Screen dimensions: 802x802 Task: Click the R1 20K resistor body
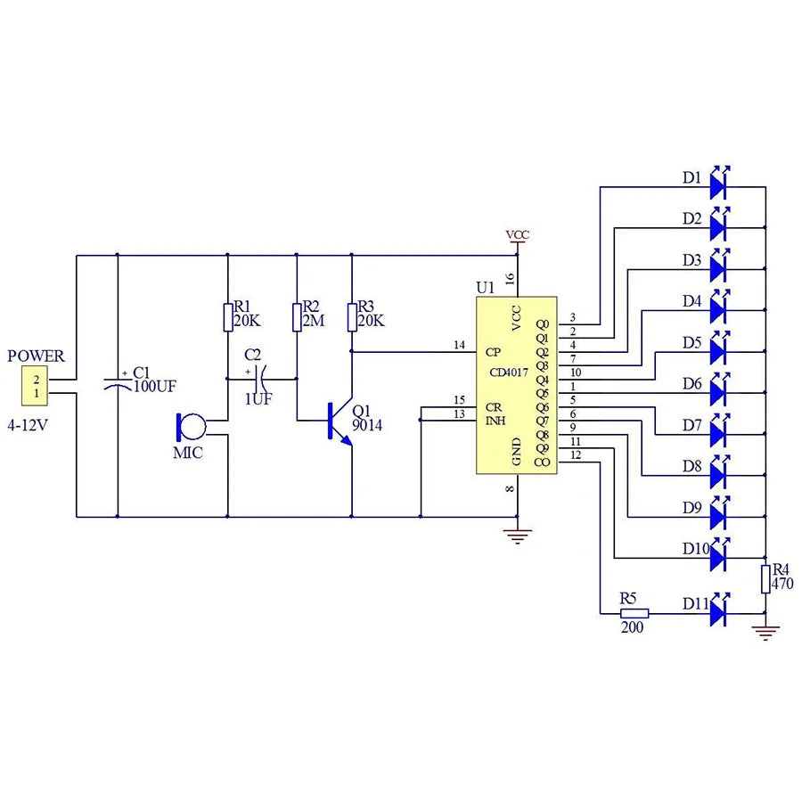[228, 317]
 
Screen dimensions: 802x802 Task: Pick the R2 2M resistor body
[297, 317]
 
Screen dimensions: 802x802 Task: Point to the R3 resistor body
[352, 317]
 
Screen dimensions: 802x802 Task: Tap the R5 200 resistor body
[634, 614]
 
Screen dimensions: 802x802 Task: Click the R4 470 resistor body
[765, 578]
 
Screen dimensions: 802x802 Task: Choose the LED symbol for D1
[721, 185]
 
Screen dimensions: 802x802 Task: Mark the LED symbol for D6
[721, 392]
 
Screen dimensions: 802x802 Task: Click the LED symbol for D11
[721, 613]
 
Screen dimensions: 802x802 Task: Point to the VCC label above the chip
[517, 235]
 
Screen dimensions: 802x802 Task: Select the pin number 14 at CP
[459, 344]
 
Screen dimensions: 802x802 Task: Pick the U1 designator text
[485, 289]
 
